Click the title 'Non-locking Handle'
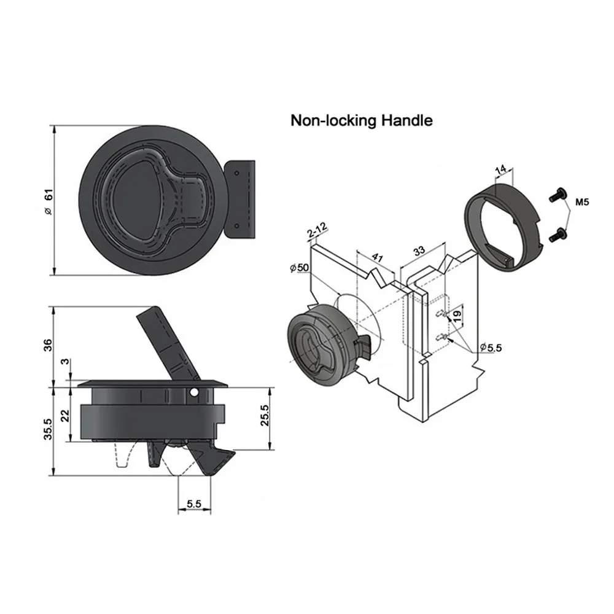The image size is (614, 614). pos(362,120)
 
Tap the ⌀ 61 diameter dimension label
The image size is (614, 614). pos(48,201)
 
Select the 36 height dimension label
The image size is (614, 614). pos(47,345)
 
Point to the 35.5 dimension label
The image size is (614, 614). pos(47,429)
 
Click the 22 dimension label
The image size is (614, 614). pos(65,416)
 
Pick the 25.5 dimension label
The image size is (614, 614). pos(265,415)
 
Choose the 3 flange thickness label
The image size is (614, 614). pos(66,361)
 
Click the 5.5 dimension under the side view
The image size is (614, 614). pos(194,503)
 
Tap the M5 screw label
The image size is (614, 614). pos(582,203)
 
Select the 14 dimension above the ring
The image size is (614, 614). pos(501,170)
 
